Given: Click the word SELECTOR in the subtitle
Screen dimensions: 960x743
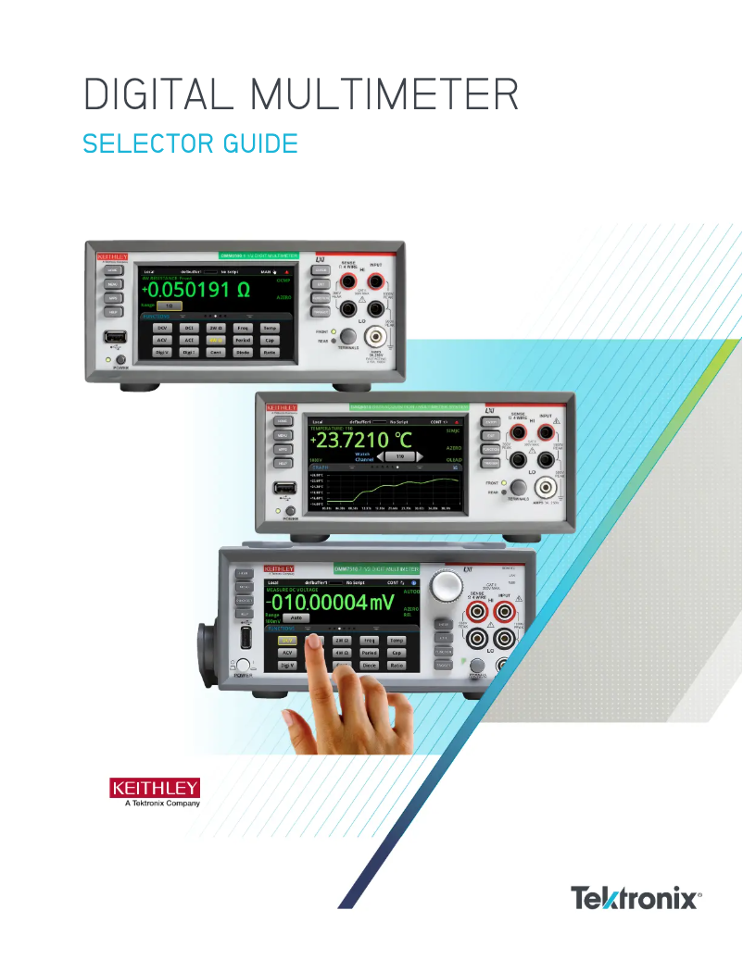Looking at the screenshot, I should pyautogui.click(x=145, y=145).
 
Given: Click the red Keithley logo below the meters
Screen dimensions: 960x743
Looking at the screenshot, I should pyautogui.click(x=155, y=789).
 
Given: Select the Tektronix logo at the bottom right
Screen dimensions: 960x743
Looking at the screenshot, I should pyautogui.click(x=635, y=897).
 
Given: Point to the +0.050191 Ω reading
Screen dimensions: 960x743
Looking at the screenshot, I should pyautogui.click(x=195, y=289).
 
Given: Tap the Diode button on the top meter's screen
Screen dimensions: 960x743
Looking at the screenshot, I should pyautogui.click(x=243, y=353).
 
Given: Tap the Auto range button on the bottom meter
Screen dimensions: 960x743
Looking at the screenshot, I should pyautogui.click(x=295, y=617).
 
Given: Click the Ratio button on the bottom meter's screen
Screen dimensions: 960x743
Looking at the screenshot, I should pyautogui.click(x=397, y=666).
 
